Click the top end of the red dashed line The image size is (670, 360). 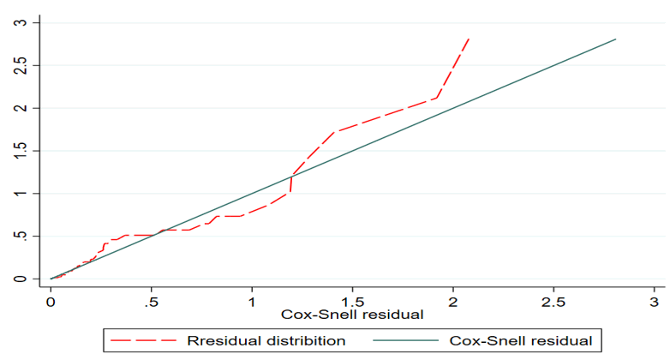469,38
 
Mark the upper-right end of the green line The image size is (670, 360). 615,39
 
